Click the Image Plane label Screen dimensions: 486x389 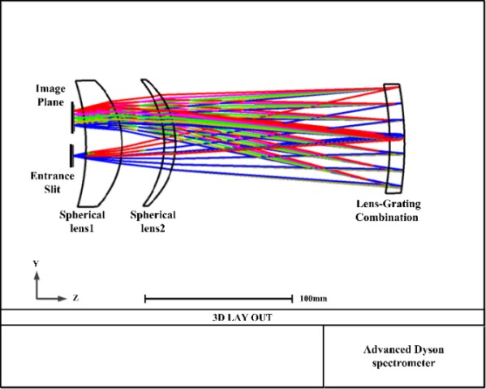[x=51, y=95]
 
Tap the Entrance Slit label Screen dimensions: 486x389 [x=52, y=183]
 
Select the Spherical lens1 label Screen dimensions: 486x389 [x=82, y=222]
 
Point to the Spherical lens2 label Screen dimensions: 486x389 [x=153, y=222]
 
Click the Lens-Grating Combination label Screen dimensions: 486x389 [x=388, y=210]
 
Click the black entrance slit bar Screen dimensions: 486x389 [x=72, y=155]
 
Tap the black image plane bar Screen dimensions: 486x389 [x=72, y=118]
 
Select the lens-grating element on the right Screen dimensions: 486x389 [x=394, y=138]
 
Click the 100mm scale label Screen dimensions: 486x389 [x=313, y=299]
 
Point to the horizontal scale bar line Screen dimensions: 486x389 [x=219, y=299]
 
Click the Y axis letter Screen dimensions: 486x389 [x=36, y=264]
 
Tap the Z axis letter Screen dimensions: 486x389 [x=75, y=298]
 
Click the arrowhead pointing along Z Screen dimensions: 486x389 [x=63, y=299]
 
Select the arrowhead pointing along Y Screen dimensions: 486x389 [x=37, y=276]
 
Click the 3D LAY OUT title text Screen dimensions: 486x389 [x=242, y=318]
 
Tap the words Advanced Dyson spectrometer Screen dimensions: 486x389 [x=403, y=357]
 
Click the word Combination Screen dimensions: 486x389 [x=387, y=217]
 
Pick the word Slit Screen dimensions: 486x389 [x=52, y=189]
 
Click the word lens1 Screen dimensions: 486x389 [x=83, y=229]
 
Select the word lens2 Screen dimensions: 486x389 [x=153, y=229]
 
